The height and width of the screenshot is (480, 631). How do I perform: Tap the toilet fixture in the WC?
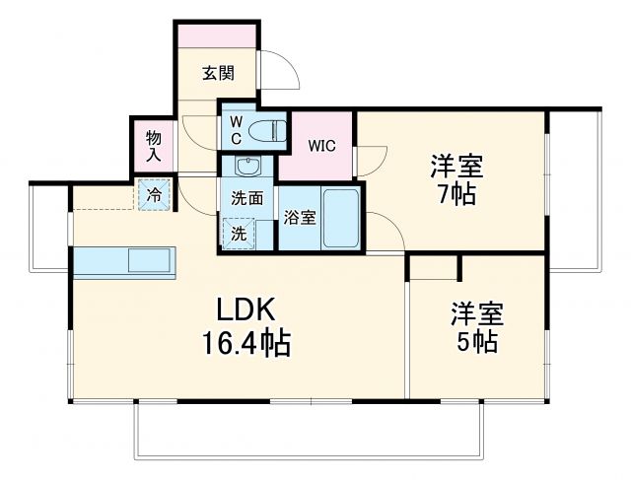coord(265,128)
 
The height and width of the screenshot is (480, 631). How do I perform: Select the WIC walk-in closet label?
coord(321,146)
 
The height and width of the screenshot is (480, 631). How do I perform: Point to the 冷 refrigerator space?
coord(154,195)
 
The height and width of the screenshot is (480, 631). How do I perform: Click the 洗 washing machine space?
coord(240,235)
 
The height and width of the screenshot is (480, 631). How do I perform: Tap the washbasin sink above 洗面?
coord(246,166)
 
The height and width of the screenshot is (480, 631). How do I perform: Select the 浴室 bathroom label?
coord(300,217)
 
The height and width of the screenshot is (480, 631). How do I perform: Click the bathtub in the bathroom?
coord(341,218)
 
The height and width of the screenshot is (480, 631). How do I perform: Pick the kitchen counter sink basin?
coord(150,262)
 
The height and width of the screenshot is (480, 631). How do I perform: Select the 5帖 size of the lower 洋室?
coord(477,342)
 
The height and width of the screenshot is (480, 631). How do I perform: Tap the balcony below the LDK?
coord(310,430)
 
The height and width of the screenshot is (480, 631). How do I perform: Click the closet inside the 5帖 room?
coord(434,266)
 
